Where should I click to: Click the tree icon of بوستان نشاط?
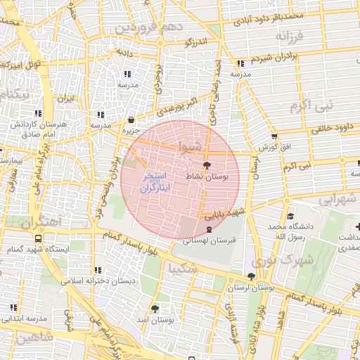[x=205, y=165]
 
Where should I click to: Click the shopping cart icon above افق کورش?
[x=274, y=136]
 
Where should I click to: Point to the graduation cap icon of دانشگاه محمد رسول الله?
[x=290, y=216]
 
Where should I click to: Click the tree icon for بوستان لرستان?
[x=252, y=276]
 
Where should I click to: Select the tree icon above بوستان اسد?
[x=155, y=308]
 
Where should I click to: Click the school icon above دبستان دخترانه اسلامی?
[x=98, y=269]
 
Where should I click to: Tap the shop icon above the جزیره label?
[x=132, y=120]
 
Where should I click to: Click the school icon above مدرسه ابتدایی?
[x=13, y=307]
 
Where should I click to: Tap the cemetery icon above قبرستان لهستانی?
[x=209, y=229]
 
